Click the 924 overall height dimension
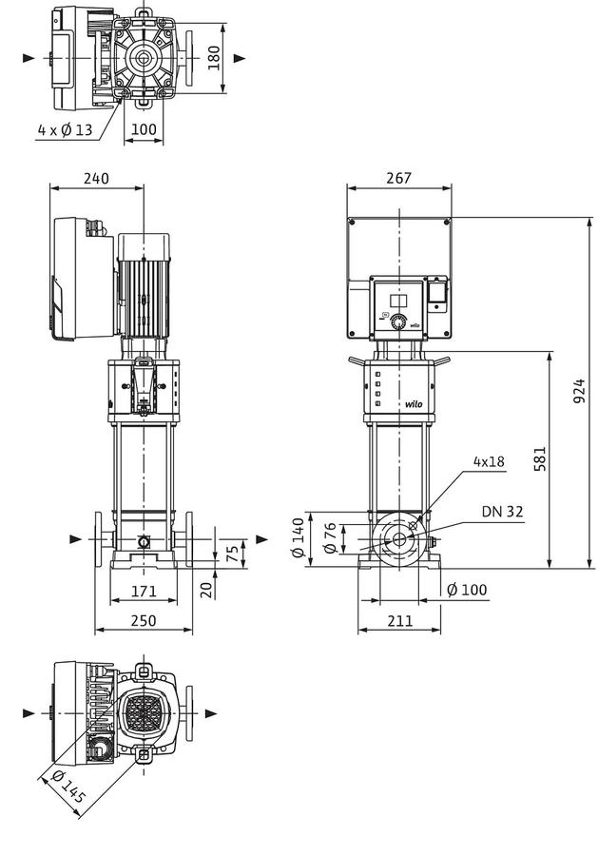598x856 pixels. click(579, 391)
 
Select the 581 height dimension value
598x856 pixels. click(539, 459)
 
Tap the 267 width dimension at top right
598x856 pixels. click(399, 178)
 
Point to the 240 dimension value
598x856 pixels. click(96, 179)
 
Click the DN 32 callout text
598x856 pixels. click(502, 512)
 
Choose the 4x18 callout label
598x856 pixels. click(489, 462)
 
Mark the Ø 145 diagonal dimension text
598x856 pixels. click(68, 787)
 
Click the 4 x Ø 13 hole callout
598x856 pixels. click(65, 130)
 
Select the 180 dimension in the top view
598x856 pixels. click(214, 58)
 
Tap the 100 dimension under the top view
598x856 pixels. click(144, 130)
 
